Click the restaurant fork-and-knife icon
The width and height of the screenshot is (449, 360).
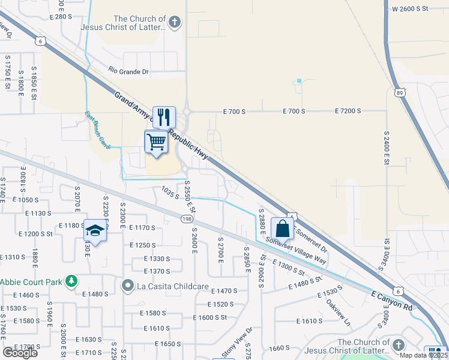pyautogui.click(x=163, y=115)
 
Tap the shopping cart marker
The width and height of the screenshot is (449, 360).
pyautogui.click(x=156, y=142)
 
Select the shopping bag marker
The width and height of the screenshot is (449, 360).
pyautogui.click(x=282, y=228)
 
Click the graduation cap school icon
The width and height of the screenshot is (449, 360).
pyautogui.click(x=95, y=230)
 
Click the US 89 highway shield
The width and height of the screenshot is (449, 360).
pyautogui.click(x=400, y=92)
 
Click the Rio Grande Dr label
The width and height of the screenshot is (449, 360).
pyautogui.click(x=128, y=72)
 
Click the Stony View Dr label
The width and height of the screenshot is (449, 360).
pyautogui.click(x=234, y=342)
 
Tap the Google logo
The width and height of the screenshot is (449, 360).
pyautogui.click(x=20, y=353)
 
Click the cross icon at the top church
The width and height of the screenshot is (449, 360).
pyautogui.click(x=174, y=23)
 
